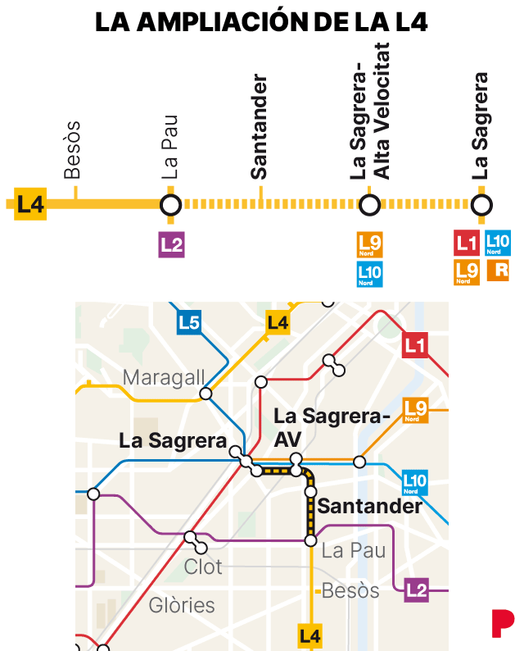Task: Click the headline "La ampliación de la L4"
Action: click(261, 22)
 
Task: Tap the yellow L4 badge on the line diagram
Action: click(29, 204)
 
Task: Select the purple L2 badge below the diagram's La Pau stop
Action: click(171, 244)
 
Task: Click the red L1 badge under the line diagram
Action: click(467, 244)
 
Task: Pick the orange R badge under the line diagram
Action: click(498, 270)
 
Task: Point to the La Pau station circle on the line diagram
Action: click(170, 204)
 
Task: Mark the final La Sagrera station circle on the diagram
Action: click(482, 204)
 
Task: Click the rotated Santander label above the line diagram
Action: click(260, 127)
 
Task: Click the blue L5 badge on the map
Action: click(189, 323)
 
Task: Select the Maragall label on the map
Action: click(164, 378)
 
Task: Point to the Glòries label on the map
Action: click(182, 606)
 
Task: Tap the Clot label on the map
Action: click(203, 567)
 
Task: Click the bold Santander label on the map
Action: click(369, 506)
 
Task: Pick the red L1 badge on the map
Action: click(415, 346)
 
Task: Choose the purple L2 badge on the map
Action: click(416, 590)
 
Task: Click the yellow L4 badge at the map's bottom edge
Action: click(310, 635)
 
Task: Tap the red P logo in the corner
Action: click(502, 623)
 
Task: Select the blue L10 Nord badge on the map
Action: click(415, 482)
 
